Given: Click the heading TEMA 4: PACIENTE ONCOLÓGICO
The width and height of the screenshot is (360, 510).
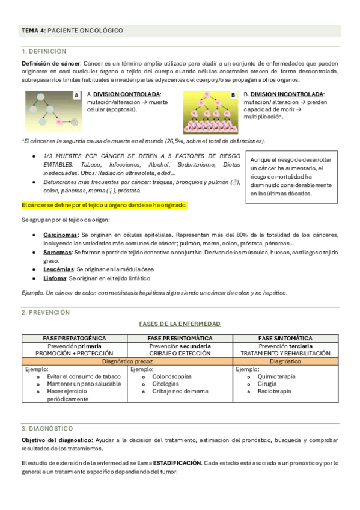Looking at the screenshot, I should click(72, 30).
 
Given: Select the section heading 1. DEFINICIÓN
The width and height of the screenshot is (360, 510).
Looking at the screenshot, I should click(44, 52).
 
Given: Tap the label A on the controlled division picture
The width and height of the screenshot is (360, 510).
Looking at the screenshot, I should click(76, 95).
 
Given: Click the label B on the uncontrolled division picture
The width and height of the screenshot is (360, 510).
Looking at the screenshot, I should click(233, 95).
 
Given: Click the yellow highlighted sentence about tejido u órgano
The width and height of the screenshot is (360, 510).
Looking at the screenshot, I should click(104, 205).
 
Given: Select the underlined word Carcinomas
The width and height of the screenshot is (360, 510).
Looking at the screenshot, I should click(60, 235).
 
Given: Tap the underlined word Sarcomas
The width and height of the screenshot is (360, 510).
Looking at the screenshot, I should click(58, 253).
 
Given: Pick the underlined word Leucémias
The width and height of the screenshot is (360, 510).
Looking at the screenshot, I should click(59, 271).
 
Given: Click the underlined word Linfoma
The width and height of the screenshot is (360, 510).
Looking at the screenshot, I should click(55, 279).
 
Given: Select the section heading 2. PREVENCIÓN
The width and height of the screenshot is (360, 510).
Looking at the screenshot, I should click(46, 312).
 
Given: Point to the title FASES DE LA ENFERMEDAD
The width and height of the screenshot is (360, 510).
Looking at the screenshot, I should click(180, 324).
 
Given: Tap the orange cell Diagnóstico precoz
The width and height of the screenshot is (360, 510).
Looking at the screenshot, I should click(127, 361).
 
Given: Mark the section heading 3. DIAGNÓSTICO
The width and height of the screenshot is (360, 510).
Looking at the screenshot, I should click(47, 428).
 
